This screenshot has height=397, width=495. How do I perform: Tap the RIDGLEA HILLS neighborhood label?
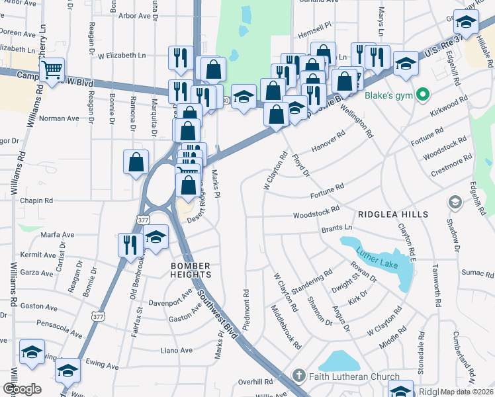[x=393, y=214]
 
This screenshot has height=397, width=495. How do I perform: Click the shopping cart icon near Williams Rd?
[x=52, y=69]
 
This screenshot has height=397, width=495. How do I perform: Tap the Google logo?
[x=21, y=389]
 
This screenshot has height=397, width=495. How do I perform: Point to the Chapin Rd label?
[x=36, y=200]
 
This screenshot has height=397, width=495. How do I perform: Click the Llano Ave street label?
[x=176, y=350]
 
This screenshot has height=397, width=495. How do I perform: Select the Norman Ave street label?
[x=59, y=118]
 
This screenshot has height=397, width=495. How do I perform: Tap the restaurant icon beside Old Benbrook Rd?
[x=128, y=244]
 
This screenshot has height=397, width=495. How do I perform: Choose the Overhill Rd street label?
[x=255, y=382]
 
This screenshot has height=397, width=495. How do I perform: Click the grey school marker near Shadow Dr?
[x=455, y=201]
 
